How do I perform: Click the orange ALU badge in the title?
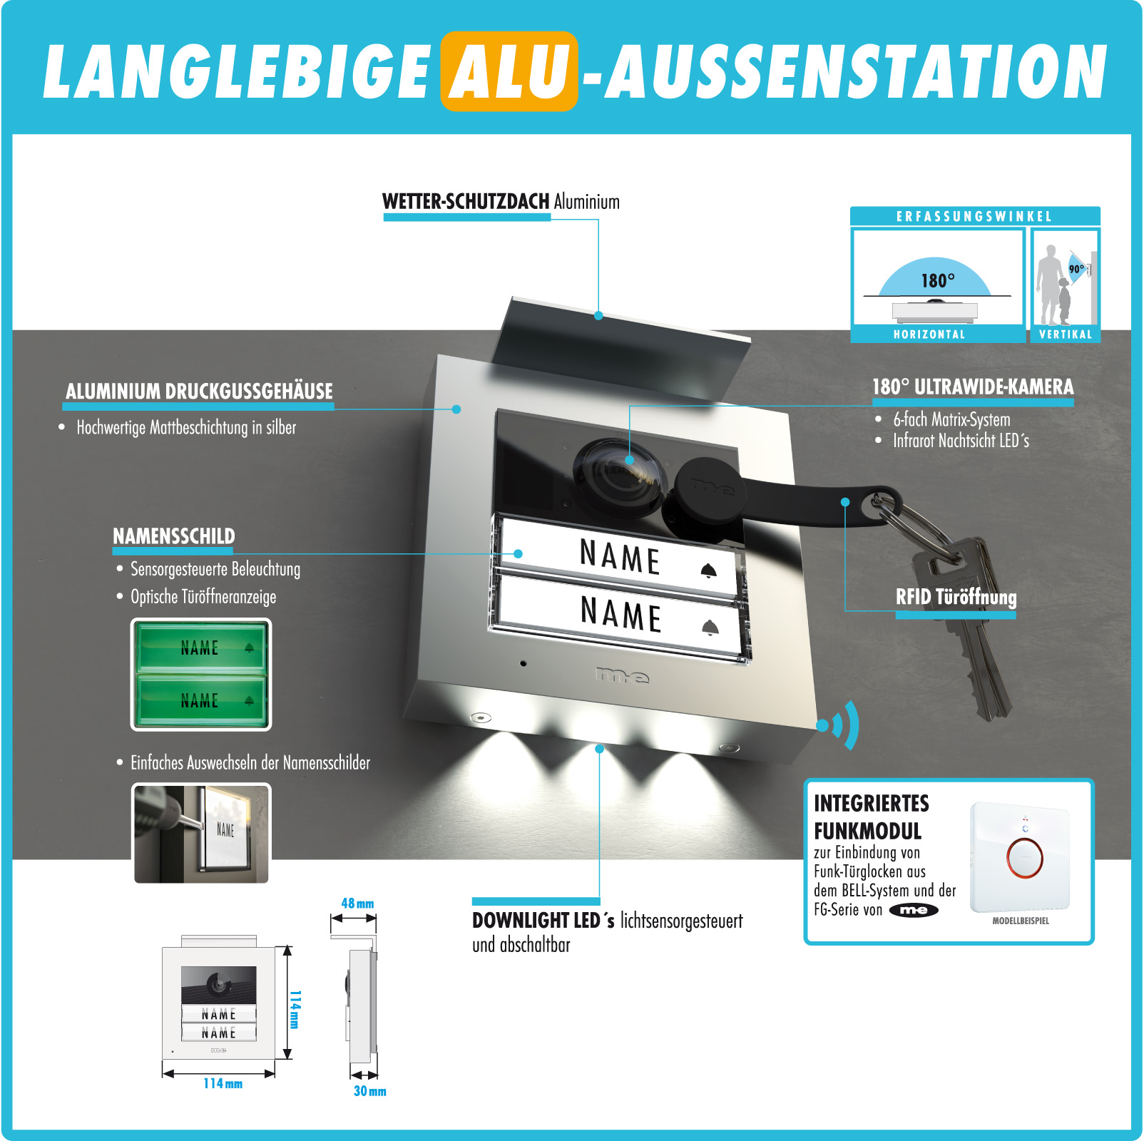tap(509, 71)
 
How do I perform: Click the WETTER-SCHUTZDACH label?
tap(466, 202)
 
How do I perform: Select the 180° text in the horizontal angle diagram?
tap(937, 280)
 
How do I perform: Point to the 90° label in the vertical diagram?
tap(1076, 269)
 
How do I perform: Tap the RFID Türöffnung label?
tap(956, 597)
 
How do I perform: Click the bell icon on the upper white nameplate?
tap(708, 570)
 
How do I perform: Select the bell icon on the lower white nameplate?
tap(710, 628)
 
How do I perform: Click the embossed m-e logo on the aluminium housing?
tap(622, 675)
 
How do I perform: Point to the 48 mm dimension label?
tap(357, 904)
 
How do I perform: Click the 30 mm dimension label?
tap(369, 1091)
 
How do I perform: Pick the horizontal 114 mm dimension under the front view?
tap(223, 1083)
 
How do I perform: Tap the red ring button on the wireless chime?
tap(1024, 856)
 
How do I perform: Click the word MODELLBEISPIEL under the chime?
tap(1021, 921)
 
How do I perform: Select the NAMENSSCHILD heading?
tap(174, 536)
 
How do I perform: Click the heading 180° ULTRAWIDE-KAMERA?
tap(973, 387)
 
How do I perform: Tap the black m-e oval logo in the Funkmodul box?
tap(914, 910)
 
